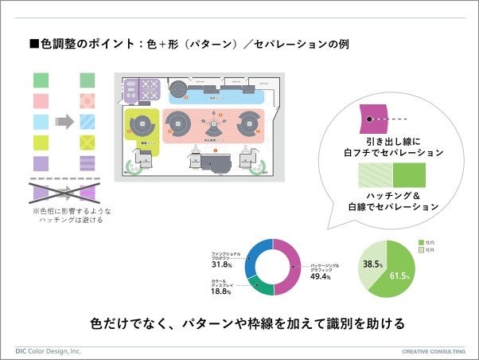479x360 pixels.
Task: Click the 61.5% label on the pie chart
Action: (399, 276)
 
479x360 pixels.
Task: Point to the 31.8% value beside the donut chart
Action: (221, 264)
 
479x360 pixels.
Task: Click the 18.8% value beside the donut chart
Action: (221, 292)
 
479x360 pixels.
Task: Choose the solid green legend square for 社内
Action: (421, 241)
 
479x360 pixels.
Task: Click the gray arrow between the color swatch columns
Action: (64, 122)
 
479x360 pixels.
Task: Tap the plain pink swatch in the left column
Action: (41, 101)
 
